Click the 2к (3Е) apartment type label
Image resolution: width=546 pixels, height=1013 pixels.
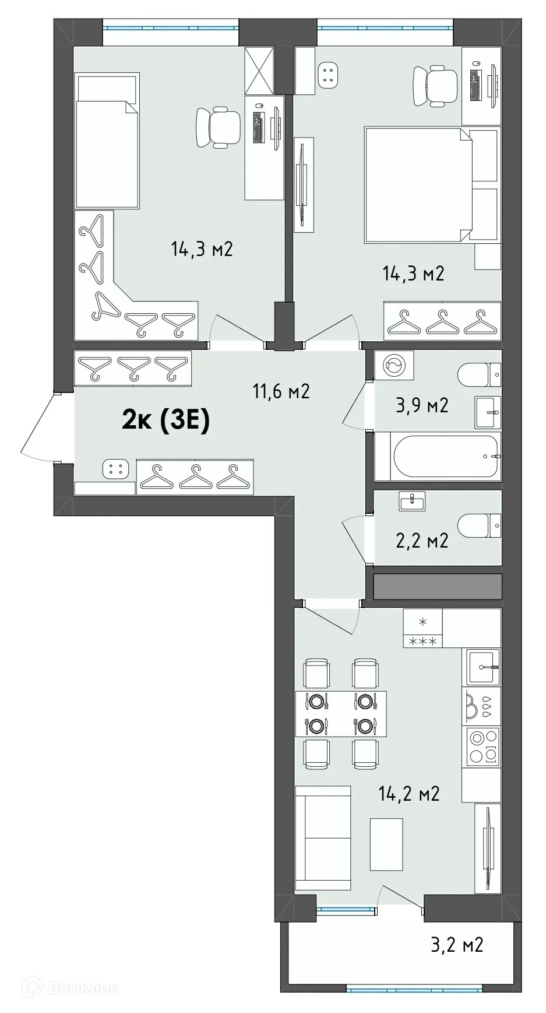(x=165, y=420)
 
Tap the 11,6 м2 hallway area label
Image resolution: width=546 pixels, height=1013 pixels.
(x=281, y=391)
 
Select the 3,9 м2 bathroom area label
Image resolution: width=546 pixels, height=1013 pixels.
(x=422, y=405)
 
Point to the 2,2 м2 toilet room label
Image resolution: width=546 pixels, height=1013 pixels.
(x=422, y=541)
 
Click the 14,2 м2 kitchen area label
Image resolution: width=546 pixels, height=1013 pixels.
(x=409, y=793)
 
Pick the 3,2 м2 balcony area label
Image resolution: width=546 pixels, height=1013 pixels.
(x=457, y=944)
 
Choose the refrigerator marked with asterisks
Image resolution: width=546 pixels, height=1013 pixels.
(x=422, y=628)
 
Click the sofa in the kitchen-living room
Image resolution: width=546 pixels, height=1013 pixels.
(x=323, y=838)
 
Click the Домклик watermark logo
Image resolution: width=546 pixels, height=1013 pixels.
(x=69, y=988)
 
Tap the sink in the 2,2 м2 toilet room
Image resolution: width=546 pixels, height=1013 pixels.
(x=413, y=500)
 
